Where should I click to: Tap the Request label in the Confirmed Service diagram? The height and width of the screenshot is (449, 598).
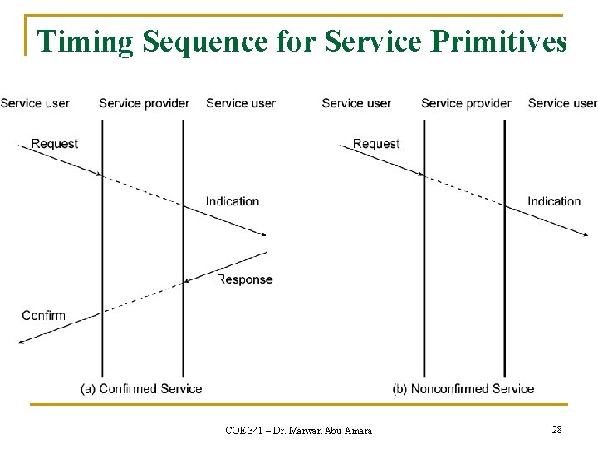tap(55, 144)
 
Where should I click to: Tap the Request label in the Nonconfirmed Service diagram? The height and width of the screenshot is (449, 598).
tap(376, 144)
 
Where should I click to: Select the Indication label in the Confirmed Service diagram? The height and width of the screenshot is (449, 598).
tap(233, 201)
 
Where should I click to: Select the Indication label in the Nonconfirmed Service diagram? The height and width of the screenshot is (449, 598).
tap(554, 201)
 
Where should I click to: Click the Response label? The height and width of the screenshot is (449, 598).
tap(244, 279)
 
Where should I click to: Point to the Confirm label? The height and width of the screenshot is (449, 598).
tap(43, 316)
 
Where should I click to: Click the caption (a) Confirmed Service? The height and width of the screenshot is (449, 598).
tap(141, 388)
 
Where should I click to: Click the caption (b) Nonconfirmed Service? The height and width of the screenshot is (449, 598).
tap(463, 388)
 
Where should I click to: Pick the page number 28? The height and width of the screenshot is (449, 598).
tap(556, 429)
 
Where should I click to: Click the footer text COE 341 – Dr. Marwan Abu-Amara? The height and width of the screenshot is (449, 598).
tap(298, 430)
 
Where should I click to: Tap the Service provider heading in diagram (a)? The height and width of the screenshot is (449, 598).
tap(145, 103)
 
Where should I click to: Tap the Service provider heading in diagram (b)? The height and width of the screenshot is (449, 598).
tap(466, 103)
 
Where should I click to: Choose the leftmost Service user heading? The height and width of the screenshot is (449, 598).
tap(35, 103)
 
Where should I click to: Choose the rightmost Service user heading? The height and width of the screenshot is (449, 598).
tap(562, 103)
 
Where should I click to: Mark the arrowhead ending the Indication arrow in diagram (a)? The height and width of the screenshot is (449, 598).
tap(263, 235)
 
